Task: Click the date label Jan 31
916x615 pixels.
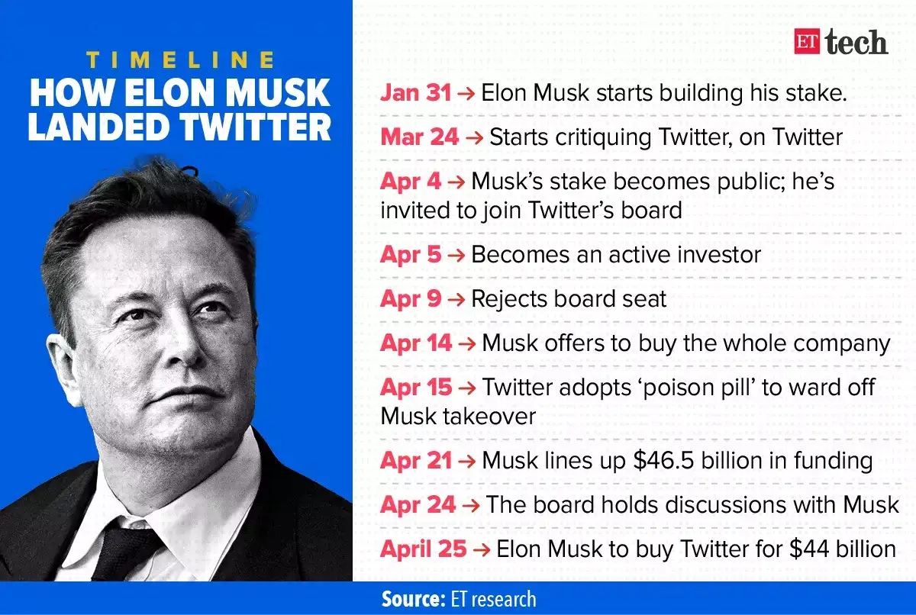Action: [417, 93]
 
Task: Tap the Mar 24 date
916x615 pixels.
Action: [420, 137]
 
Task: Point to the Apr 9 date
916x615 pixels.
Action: [411, 298]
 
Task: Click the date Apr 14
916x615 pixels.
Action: [416, 343]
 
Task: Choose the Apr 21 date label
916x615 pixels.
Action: [417, 460]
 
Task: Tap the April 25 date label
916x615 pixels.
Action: [423, 549]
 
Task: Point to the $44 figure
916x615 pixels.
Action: [792, 549]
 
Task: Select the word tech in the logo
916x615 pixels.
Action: [856, 43]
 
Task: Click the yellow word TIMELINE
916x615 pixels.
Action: [180, 60]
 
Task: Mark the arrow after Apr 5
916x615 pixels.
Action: [456, 255]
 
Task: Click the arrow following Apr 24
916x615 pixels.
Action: [470, 504]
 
